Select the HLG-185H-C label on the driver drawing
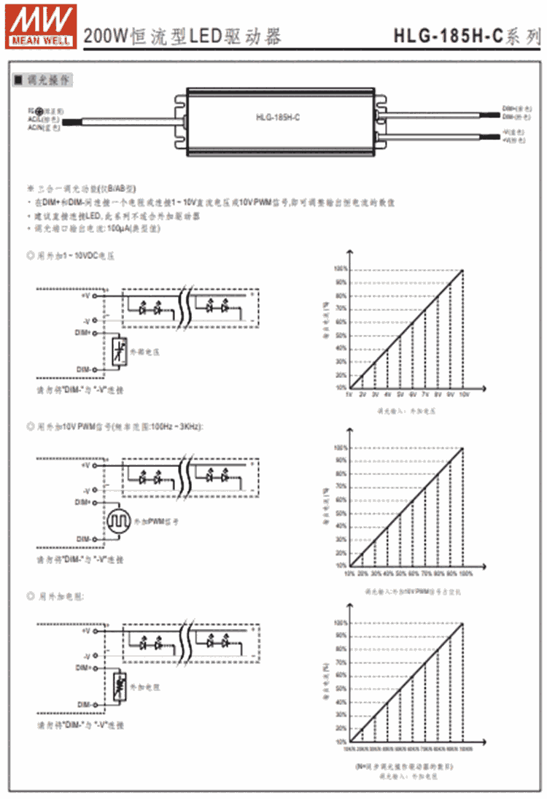[x=273, y=116]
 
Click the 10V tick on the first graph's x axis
[x=463, y=394]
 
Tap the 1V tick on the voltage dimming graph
[x=349, y=394]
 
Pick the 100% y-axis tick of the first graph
[x=339, y=269]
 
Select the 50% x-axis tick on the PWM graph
[x=400, y=573]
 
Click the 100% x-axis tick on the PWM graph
[x=465, y=573]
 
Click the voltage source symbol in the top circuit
[x=119, y=352]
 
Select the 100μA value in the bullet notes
[x=119, y=228]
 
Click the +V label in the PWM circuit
[x=85, y=465]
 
